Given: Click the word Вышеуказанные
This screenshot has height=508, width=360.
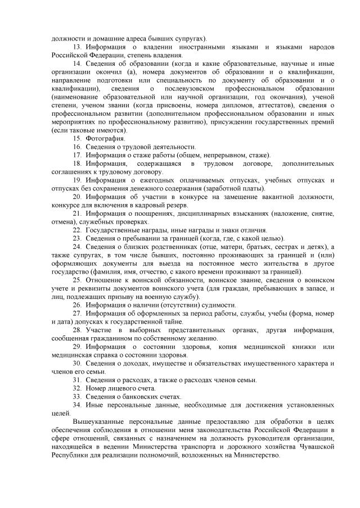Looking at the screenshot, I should (100, 421).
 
